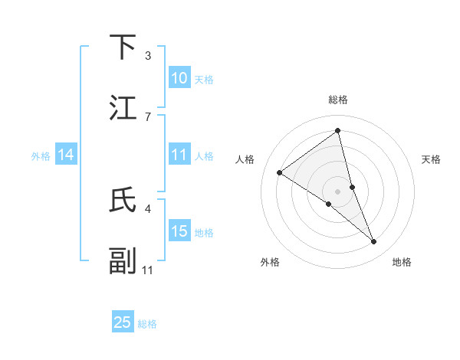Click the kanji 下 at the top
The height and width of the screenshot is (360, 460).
123,47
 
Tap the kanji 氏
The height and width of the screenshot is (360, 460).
123,200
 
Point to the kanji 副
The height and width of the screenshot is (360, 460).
123,260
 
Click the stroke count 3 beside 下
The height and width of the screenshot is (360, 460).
148,56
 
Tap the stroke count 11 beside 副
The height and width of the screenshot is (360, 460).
148,269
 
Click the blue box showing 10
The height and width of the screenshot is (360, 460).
179,78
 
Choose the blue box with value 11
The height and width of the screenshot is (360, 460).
179,155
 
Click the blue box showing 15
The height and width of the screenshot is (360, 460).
179,231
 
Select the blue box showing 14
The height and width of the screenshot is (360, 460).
66,155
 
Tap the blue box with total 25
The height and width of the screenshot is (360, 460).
123,322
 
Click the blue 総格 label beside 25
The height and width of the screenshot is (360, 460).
147,324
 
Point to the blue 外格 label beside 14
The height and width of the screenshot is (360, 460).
41,156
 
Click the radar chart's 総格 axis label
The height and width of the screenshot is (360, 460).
338,100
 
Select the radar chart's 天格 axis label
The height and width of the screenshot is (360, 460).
431,159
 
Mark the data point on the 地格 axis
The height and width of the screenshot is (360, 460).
374,241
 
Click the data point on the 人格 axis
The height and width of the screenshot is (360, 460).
280,172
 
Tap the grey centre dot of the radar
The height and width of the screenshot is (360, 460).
338,191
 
